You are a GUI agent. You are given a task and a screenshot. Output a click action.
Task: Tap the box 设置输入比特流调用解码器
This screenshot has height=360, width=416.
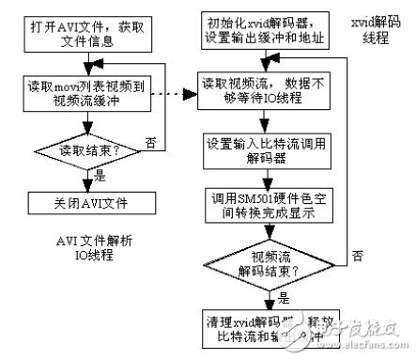(x=269, y=151)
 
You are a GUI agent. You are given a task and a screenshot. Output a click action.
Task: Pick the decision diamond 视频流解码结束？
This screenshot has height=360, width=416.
(x=269, y=267)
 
